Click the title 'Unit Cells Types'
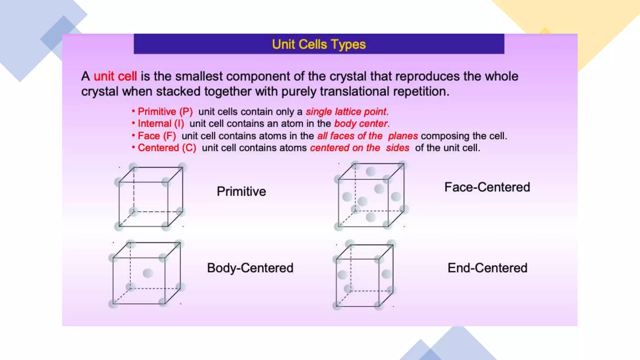[x=318, y=44]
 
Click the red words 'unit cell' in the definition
[x=115, y=77]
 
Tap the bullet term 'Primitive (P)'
[x=165, y=112]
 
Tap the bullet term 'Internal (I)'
[x=161, y=124]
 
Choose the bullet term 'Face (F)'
[x=157, y=136]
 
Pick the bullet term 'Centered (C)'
[x=167, y=148]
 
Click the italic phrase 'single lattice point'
[x=346, y=112]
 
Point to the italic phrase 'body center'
[x=361, y=124]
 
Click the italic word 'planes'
[x=403, y=136]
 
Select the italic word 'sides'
[x=397, y=148]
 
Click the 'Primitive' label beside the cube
[x=241, y=192]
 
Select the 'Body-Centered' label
[x=250, y=268]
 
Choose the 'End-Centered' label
[x=487, y=268]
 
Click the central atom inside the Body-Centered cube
[x=147, y=273]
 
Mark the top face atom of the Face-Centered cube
[x=371, y=171]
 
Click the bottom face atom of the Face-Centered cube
[x=371, y=217]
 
